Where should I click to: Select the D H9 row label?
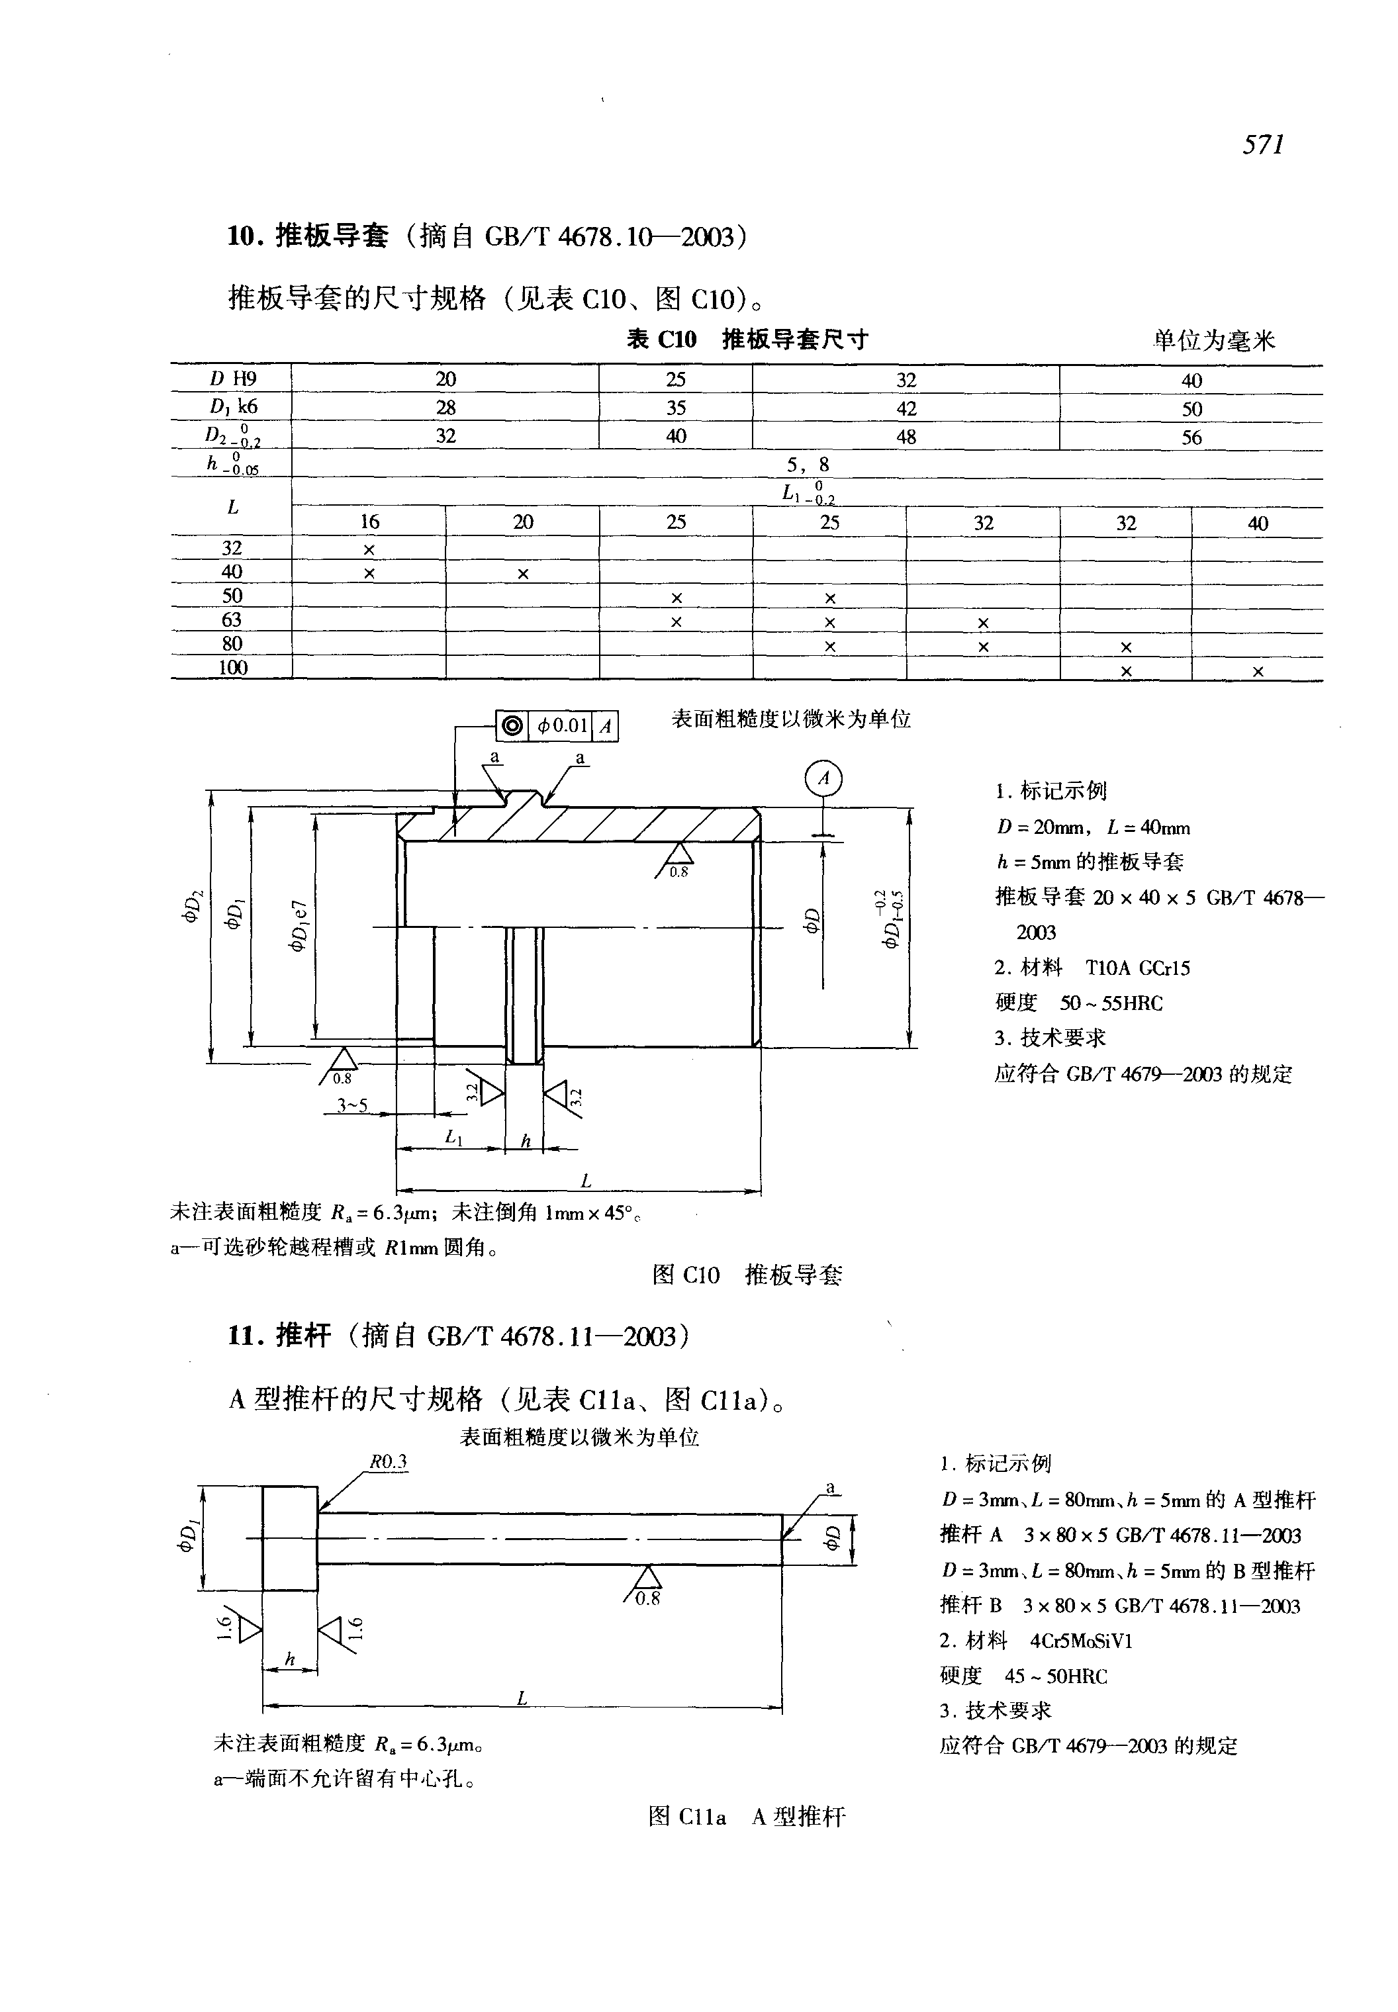(x=232, y=379)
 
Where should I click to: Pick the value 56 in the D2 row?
(x=1191, y=437)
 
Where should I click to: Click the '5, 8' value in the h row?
(x=807, y=464)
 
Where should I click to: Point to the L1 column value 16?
(x=369, y=522)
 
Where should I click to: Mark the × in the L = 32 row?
(x=369, y=549)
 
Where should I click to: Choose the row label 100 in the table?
(x=232, y=667)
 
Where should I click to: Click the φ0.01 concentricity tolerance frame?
(x=557, y=725)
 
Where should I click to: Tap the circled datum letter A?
(x=823, y=779)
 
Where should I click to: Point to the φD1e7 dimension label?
(x=299, y=923)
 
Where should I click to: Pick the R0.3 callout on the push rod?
(x=388, y=1461)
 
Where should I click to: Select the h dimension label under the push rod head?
(x=289, y=1660)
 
